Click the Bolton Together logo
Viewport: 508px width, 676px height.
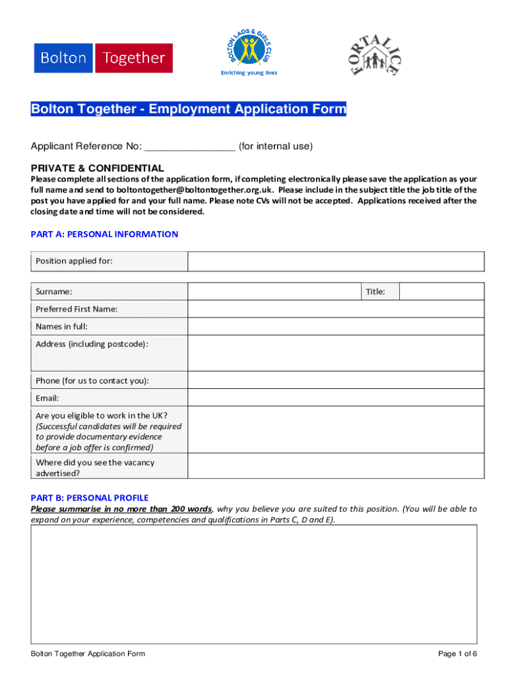(104, 58)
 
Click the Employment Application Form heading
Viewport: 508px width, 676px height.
(188, 110)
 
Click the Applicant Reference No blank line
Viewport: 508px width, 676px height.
(189, 147)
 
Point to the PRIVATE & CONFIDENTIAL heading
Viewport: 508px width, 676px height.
(98, 168)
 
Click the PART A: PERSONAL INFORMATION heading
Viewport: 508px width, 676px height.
(104, 234)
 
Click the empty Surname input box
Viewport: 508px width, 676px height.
(274, 292)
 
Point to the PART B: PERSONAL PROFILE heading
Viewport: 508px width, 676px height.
(90, 498)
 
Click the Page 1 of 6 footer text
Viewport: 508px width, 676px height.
(457, 654)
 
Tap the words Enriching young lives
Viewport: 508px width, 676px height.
(249, 73)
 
